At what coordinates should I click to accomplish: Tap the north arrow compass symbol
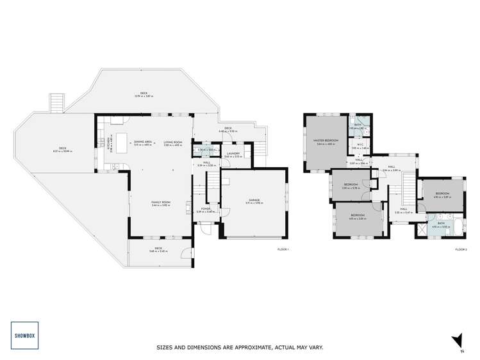pyautogui.click(x=456, y=341)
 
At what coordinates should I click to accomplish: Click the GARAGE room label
pyautogui.click(x=254, y=201)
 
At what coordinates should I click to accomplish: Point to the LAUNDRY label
pyautogui.click(x=233, y=154)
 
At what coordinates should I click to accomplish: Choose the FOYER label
pyautogui.click(x=206, y=209)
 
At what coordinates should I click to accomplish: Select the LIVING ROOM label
pyautogui.click(x=173, y=142)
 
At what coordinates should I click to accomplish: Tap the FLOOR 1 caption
pyautogui.click(x=283, y=249)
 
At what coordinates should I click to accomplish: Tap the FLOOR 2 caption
pyautogui.click(x=461, y=249)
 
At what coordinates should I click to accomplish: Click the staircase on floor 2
pyautogui.click(x=406, y=189)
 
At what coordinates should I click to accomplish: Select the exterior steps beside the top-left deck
pyautogui.click(x=57, y=101)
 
